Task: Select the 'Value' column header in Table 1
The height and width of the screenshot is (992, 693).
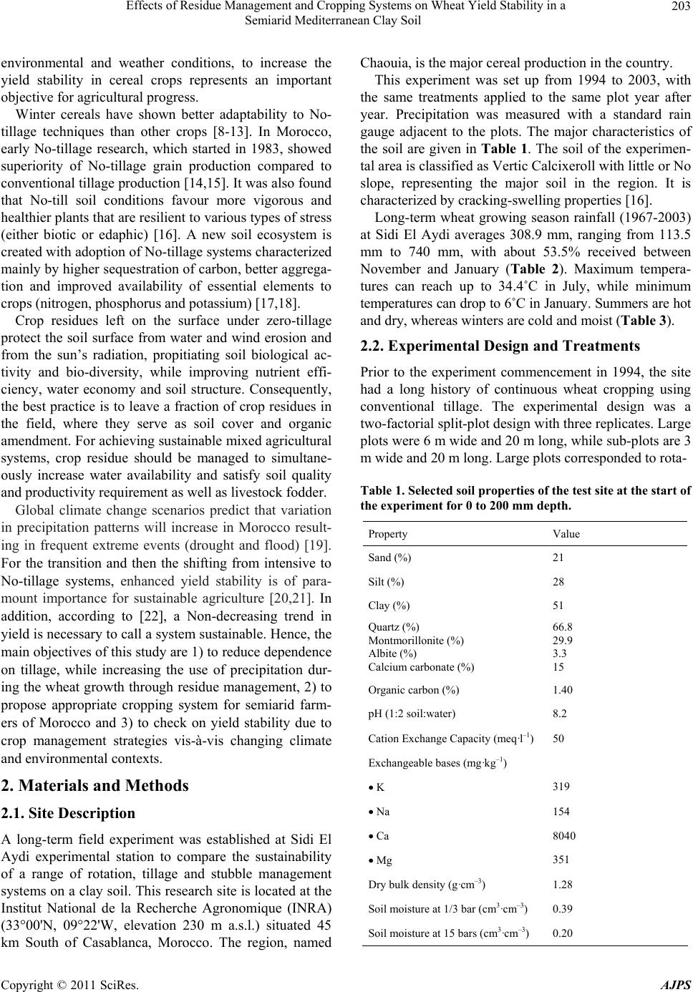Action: pos(566,534)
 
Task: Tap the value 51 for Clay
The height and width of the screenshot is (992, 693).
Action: pos(558,606)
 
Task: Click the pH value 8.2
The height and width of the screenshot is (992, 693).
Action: pos(560,713)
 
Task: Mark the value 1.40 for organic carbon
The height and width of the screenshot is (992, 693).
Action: pos(563,690)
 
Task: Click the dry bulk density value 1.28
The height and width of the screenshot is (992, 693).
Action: pos(563,885)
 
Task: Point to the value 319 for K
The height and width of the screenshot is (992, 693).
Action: pos(561,787)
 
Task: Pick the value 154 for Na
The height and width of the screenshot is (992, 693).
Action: pos(561,811)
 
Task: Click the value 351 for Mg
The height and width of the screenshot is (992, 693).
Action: pos(561,860)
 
